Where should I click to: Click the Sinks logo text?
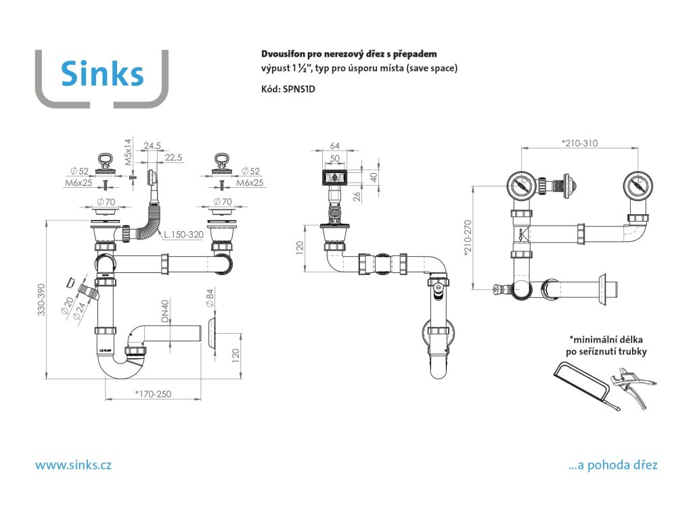pyautogui.click(x=102, y=73)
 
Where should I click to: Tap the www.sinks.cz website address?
pyautogui.click(x=73, y=465)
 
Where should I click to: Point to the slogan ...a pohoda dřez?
pyautogui.click(x=613, y=465)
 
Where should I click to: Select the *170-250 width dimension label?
pyautogui.click(x=153, y=394)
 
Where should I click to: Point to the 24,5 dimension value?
pyautogui.click(x=152, y=145)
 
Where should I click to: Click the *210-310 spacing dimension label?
pyautogui.click(x=580, y=143)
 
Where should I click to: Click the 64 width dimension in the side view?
pyautogui.click(x=334, y=146)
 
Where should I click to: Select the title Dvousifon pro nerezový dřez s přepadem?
pyautogui.click(x=349, y=53)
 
